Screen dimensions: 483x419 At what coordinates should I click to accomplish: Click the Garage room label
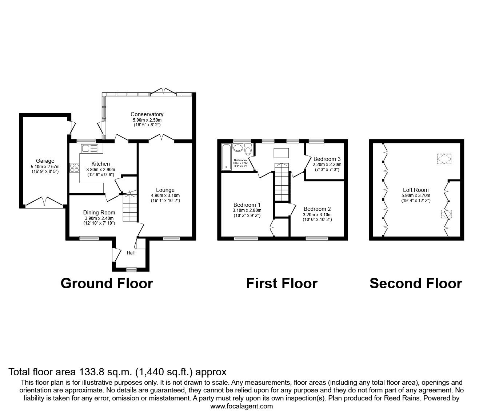click(45, 161)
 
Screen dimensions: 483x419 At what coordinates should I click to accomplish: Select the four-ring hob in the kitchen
click(75, 168)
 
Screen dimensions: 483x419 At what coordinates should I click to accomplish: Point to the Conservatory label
click(147, 114)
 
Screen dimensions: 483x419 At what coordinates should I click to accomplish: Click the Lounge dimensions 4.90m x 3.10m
click(165, 195)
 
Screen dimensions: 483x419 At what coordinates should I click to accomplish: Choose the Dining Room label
click(99, 213)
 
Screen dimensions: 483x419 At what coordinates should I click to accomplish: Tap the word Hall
click(131, 253)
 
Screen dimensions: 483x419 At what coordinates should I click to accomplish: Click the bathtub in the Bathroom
click(226, 157)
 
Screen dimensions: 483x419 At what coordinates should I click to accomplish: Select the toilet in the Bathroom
click(248, 149)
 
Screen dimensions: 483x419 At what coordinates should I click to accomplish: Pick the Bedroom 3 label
click(327, 159)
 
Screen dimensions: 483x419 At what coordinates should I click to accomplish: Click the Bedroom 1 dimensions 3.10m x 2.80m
click(247, 210)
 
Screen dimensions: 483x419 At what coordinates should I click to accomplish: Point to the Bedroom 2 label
click(317, 209)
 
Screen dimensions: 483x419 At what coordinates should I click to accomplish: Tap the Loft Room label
click(416, 190)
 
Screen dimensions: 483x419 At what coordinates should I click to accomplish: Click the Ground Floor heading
click(107, 283)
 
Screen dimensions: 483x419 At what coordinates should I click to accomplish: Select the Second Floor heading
click(416, 283)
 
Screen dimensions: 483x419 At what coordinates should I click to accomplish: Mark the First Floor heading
click(282, 283)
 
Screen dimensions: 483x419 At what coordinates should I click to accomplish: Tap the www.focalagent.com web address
click(242, 406)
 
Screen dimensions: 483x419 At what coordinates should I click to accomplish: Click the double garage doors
click(44, 202)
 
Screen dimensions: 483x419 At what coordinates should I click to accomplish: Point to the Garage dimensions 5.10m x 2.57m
click(45, 167)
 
